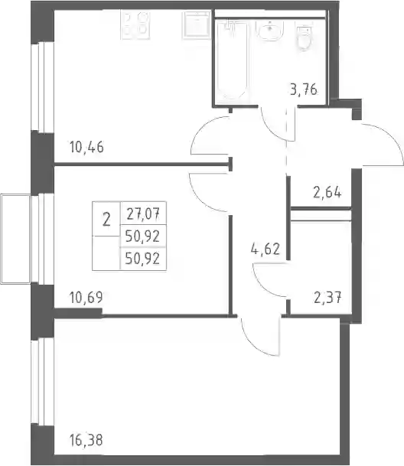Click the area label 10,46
point(86,147)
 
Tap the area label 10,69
point(86,297)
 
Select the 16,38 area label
point(86,440)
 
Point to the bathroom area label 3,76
point(304,90)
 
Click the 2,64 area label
point(327,192)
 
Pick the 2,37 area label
point(327,298)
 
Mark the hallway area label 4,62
point(266,249)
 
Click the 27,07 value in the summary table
point(143,213)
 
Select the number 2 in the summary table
point(106,220)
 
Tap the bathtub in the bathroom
point(232,60)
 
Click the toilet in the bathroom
point(304,37)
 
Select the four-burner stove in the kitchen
point(135,25)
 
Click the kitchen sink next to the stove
point(197,25)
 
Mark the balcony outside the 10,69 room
point(15,239)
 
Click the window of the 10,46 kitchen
point(43,87)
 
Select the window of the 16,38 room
point(43,382)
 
